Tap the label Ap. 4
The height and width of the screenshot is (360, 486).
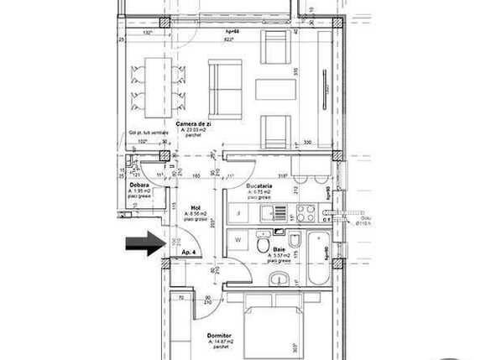[x=187, y=251]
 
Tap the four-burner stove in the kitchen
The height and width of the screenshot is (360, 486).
[x=306, y=213]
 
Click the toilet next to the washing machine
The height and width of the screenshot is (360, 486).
[x=264, y=244]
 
